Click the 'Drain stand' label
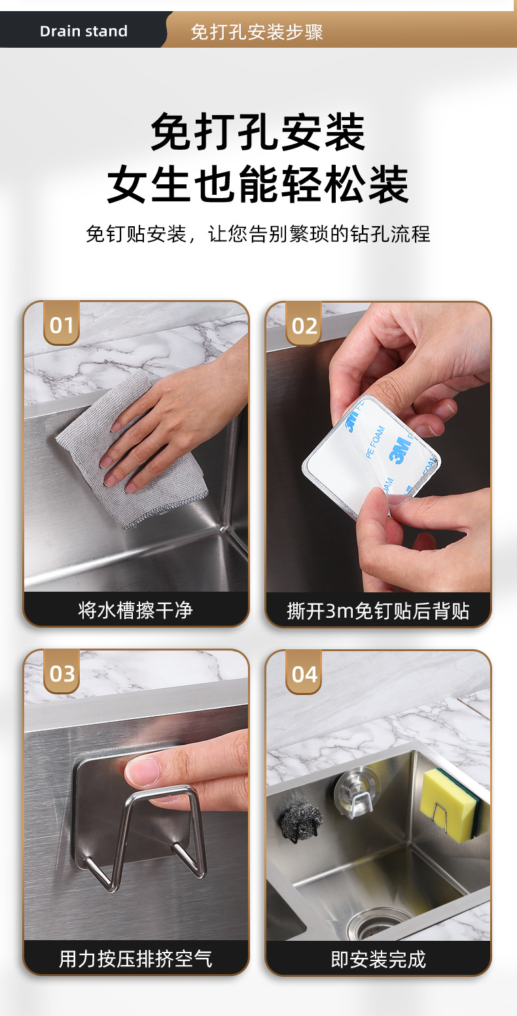pyautogui.click(x=84, y=31)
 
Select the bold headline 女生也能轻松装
pyautogui.click(x=258, y=184)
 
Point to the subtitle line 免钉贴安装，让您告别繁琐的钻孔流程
pyautogui.click(x=258, y=234)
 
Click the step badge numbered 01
pyautogui.click(x=62, y=323)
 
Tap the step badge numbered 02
pyautogui.click(x=304, y=324)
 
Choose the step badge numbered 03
pyautogui.click(x=62, y=671)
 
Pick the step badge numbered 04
pyautogui.click(x=304, y=673)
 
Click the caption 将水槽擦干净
pyautogui.click(x=135, y=609)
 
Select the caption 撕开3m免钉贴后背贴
pyautogui.click(x=378, y=611)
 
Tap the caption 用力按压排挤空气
pyautogui.click(x=135, y=958)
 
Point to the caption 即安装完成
pyautogui.click(x=378, y=959)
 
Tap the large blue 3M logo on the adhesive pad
pyautogui.click(x=401, y=450)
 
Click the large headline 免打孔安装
pyautogui.click(x=258, y=131)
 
